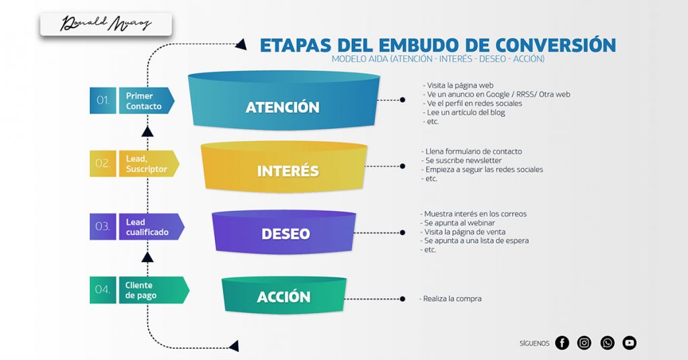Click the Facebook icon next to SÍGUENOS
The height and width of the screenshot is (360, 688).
point(562,343)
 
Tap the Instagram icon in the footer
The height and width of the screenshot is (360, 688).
point(585,343)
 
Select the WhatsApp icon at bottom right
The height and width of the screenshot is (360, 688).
point(607,343)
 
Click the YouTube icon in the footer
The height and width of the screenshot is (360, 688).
point(630,343)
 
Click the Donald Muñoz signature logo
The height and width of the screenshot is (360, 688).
point(106,25)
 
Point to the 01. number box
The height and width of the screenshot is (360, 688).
point(103,101)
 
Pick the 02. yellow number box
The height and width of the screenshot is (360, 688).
point(103,163)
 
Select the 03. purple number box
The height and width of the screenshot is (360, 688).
point(103,226)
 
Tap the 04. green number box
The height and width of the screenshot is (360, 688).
point(103,289)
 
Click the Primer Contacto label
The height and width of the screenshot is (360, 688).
point(144,101)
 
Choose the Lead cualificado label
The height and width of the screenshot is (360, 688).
point(146,227)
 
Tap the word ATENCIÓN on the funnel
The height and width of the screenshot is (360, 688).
point(282,107)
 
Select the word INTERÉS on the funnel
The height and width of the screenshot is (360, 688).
point(288,171)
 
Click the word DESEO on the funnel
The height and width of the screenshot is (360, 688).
point(286,234)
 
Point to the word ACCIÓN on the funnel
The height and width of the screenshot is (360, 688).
point(284,297)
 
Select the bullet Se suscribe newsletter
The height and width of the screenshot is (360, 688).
point(463,161)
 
